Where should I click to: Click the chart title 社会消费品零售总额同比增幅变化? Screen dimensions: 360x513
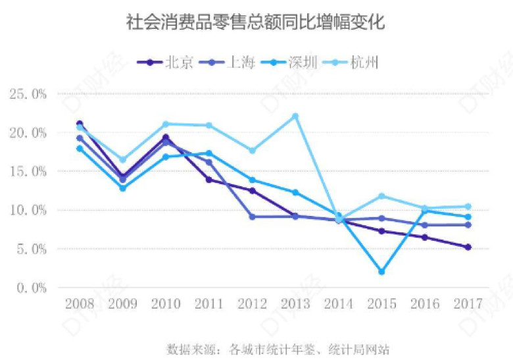pos(256,24)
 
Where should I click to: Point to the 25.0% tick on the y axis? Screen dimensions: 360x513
pos(28,94)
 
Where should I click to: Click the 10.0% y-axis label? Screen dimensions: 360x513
pos(28,210)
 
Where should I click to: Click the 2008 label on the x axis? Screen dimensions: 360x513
pos(80,304)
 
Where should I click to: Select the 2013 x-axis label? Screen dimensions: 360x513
pos(295,304)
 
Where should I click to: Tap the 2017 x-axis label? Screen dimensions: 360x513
pos(468,304)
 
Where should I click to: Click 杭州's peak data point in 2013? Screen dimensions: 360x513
pos(295,116)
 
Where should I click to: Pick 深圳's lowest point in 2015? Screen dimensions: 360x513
pos(381,272)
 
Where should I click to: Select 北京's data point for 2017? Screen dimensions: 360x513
pos(468,247)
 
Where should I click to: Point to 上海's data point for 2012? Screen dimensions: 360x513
pos(252,217)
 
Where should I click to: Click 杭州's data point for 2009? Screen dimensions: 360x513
pos(122,160)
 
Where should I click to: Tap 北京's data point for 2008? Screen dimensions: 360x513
pos(80,124)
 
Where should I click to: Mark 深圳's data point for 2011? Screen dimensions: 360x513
pos(209,153)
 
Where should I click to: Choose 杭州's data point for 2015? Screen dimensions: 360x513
pos(381,196)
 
